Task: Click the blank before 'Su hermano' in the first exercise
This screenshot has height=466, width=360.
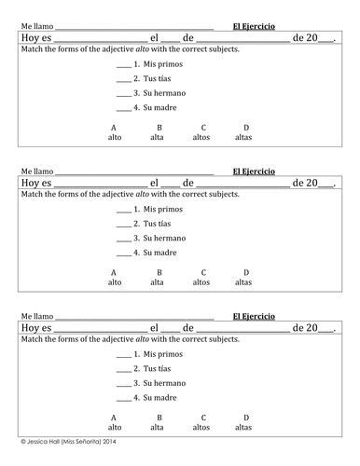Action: [x=123, y=95]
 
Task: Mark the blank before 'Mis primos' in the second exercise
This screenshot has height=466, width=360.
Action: [x=123, y=210]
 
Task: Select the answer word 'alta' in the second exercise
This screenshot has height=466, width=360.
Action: [x=159, y=281]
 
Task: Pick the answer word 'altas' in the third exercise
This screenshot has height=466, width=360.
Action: [x=244, y=427]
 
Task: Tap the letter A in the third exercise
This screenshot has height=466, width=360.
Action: [x=115, y=418]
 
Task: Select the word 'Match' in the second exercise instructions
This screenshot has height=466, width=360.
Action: [x=31, y=194]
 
